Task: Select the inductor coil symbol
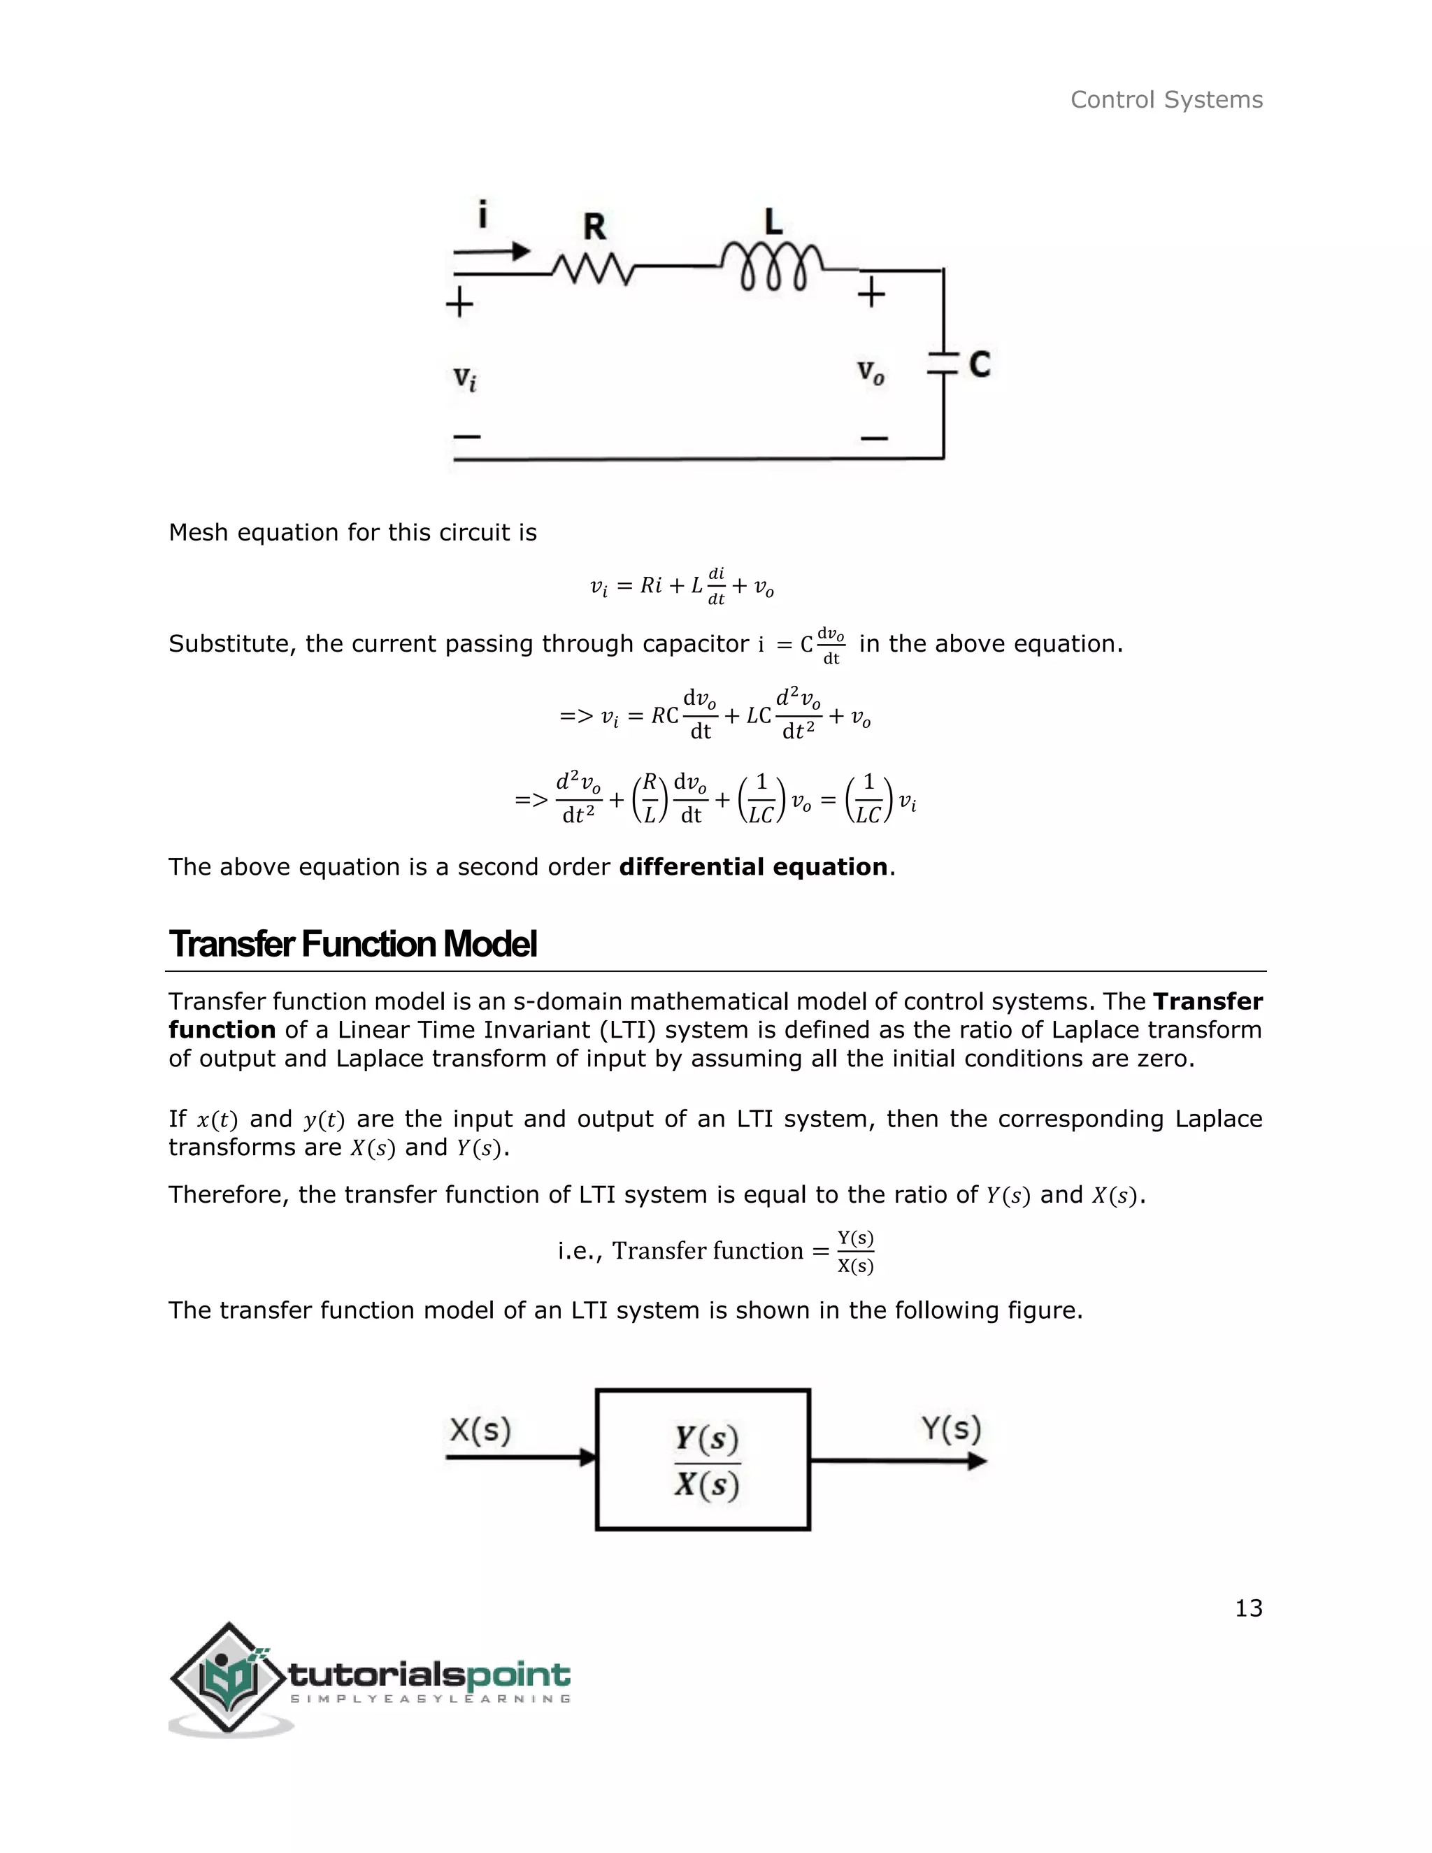(772, 267)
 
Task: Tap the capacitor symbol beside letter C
(943, 363)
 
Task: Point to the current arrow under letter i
(492, 251)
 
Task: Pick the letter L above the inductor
(773, 222)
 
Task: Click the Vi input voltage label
(464, 378)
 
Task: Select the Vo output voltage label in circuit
(871, 373)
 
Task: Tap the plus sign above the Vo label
(871, 294)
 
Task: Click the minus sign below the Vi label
(466, 437)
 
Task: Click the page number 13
(1248, 1609)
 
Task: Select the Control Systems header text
(1166, 100)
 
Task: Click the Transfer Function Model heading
(353, 944)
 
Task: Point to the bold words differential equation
(752, 867)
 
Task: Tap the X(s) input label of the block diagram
(480, 1431)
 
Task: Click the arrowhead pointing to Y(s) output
(978, 1461)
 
